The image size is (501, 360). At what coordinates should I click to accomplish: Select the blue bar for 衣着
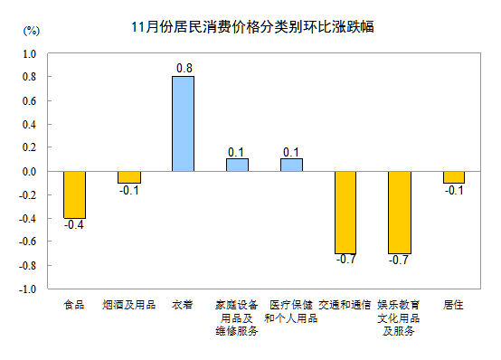pos(183,123)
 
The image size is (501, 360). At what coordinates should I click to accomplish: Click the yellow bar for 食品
pos(74,194)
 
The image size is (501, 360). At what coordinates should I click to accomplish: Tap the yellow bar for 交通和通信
pos(345,212)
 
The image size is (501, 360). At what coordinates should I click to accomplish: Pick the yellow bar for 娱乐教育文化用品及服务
pos(400,212)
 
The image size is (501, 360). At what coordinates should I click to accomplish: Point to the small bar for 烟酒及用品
pos(128,176)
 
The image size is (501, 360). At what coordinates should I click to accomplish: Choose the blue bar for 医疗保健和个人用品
pos(291,165)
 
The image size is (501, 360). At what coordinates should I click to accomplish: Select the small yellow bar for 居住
pos(454,176)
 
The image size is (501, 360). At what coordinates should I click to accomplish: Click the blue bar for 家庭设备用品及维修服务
pos(237,165)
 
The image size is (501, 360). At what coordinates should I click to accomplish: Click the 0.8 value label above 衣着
pos(183,68)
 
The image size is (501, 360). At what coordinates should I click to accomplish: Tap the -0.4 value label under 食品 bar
pos(74,226)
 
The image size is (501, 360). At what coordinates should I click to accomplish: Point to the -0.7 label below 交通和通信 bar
pos(345,261)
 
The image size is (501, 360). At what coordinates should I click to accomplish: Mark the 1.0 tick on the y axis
pos(28,53)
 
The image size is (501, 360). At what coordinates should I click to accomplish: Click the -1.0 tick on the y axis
pos(26,289)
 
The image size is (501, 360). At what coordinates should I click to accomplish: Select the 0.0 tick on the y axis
pos(28,171)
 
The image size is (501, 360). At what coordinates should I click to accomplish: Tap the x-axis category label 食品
pos(74,305)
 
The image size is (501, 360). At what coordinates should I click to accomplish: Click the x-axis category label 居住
pos(454,305)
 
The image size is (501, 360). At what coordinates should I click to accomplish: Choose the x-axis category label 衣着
pos(183,305)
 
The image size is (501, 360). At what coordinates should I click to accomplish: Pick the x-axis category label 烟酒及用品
pos(128,305)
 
